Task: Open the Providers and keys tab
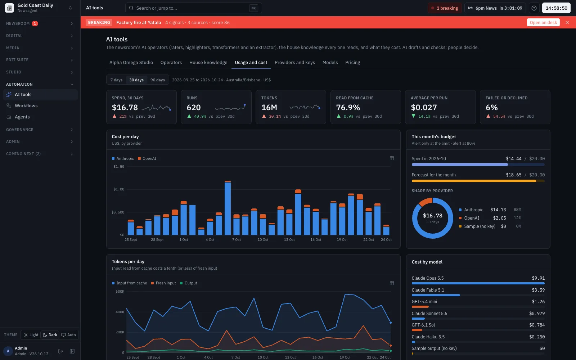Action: [x=295, y=63]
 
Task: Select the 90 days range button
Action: [x=157, y=80]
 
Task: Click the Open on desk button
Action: [x=543, y=22]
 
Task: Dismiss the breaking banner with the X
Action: [x=567, y=22]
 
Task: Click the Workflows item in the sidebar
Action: [x=26, y=106]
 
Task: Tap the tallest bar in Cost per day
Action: [x=228, y=208]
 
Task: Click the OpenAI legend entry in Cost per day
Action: [x=147, y=158]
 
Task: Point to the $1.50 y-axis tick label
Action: [x=119, y=167]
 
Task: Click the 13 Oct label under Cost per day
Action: [x=289, y=240]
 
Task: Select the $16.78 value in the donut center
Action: [x=432, y=216]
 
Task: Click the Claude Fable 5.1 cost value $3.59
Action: [x=538, y=290]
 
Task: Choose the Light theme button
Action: [x=31, y=335]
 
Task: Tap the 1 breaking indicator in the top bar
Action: [x=445, y=8]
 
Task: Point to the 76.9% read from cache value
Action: [x=348, y=107]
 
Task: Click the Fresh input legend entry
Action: [x=163, y=283]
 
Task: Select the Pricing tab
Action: [x=352, y=63]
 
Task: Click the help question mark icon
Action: [x=534, y=8]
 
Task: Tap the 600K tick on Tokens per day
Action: [x=120, y=292]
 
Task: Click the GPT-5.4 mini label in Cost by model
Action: [x=424, y=302]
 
